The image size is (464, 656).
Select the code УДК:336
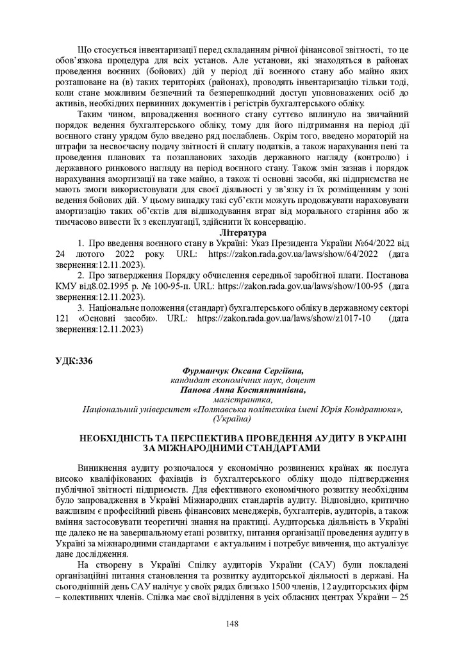(74, 361)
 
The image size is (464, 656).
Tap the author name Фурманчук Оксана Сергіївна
(243, 371)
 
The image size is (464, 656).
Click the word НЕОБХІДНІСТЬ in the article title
(120, 438)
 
